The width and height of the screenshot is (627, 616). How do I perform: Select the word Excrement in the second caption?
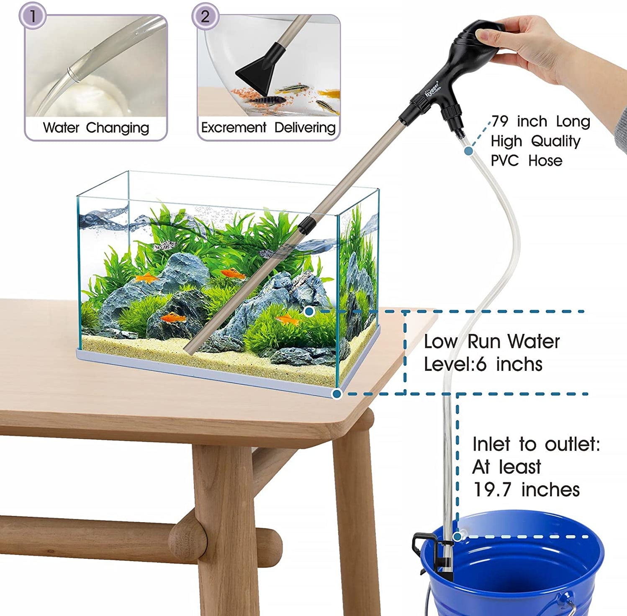pos(234,127)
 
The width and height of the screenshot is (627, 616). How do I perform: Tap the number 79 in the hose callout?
pos(500,121)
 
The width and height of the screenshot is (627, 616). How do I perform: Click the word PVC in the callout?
pos(505,160)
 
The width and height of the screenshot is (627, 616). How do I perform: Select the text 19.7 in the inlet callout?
pos(492,489)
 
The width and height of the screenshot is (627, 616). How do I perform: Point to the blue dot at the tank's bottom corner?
pos(337,393)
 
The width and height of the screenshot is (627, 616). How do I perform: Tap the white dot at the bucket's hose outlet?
pos(457,536)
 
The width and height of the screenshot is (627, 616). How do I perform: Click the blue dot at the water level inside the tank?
pos(309,311)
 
